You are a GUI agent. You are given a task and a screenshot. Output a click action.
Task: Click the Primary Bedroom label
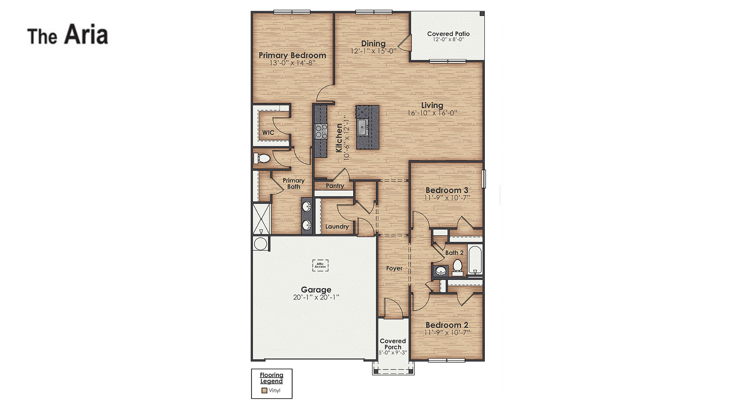click(292, 55)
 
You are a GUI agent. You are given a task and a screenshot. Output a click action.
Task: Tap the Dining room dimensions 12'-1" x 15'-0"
click(373, 51)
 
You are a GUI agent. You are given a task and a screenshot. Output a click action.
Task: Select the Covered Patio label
click(448, 34)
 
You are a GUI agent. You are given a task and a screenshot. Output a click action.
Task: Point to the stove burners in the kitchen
click(321, 131)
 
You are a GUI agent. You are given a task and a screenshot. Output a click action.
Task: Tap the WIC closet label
click(268, 133)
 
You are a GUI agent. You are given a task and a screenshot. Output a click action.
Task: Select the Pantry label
click(335, 186)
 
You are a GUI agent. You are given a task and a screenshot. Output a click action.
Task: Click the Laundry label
click(337, 227)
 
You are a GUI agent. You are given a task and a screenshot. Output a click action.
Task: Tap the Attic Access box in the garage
click(320, 265)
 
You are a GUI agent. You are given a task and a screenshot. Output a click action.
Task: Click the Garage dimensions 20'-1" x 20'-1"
click(316, 297)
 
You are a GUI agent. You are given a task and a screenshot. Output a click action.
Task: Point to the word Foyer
click(394, 268)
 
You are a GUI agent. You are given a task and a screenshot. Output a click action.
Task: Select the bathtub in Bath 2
click(475, 260)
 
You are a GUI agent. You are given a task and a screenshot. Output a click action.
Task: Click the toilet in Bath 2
click(457, 267)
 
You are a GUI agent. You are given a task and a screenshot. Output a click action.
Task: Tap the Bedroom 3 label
click(447, 190)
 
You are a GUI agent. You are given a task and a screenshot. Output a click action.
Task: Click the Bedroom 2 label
click(447, 325)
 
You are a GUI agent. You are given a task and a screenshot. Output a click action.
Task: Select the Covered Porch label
click(393, 344)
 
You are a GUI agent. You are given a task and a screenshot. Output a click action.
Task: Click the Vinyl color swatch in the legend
click(264, 391)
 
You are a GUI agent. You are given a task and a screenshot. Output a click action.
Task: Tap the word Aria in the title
click(86, 35)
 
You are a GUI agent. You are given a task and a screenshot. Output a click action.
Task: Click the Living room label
click(432, 105)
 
